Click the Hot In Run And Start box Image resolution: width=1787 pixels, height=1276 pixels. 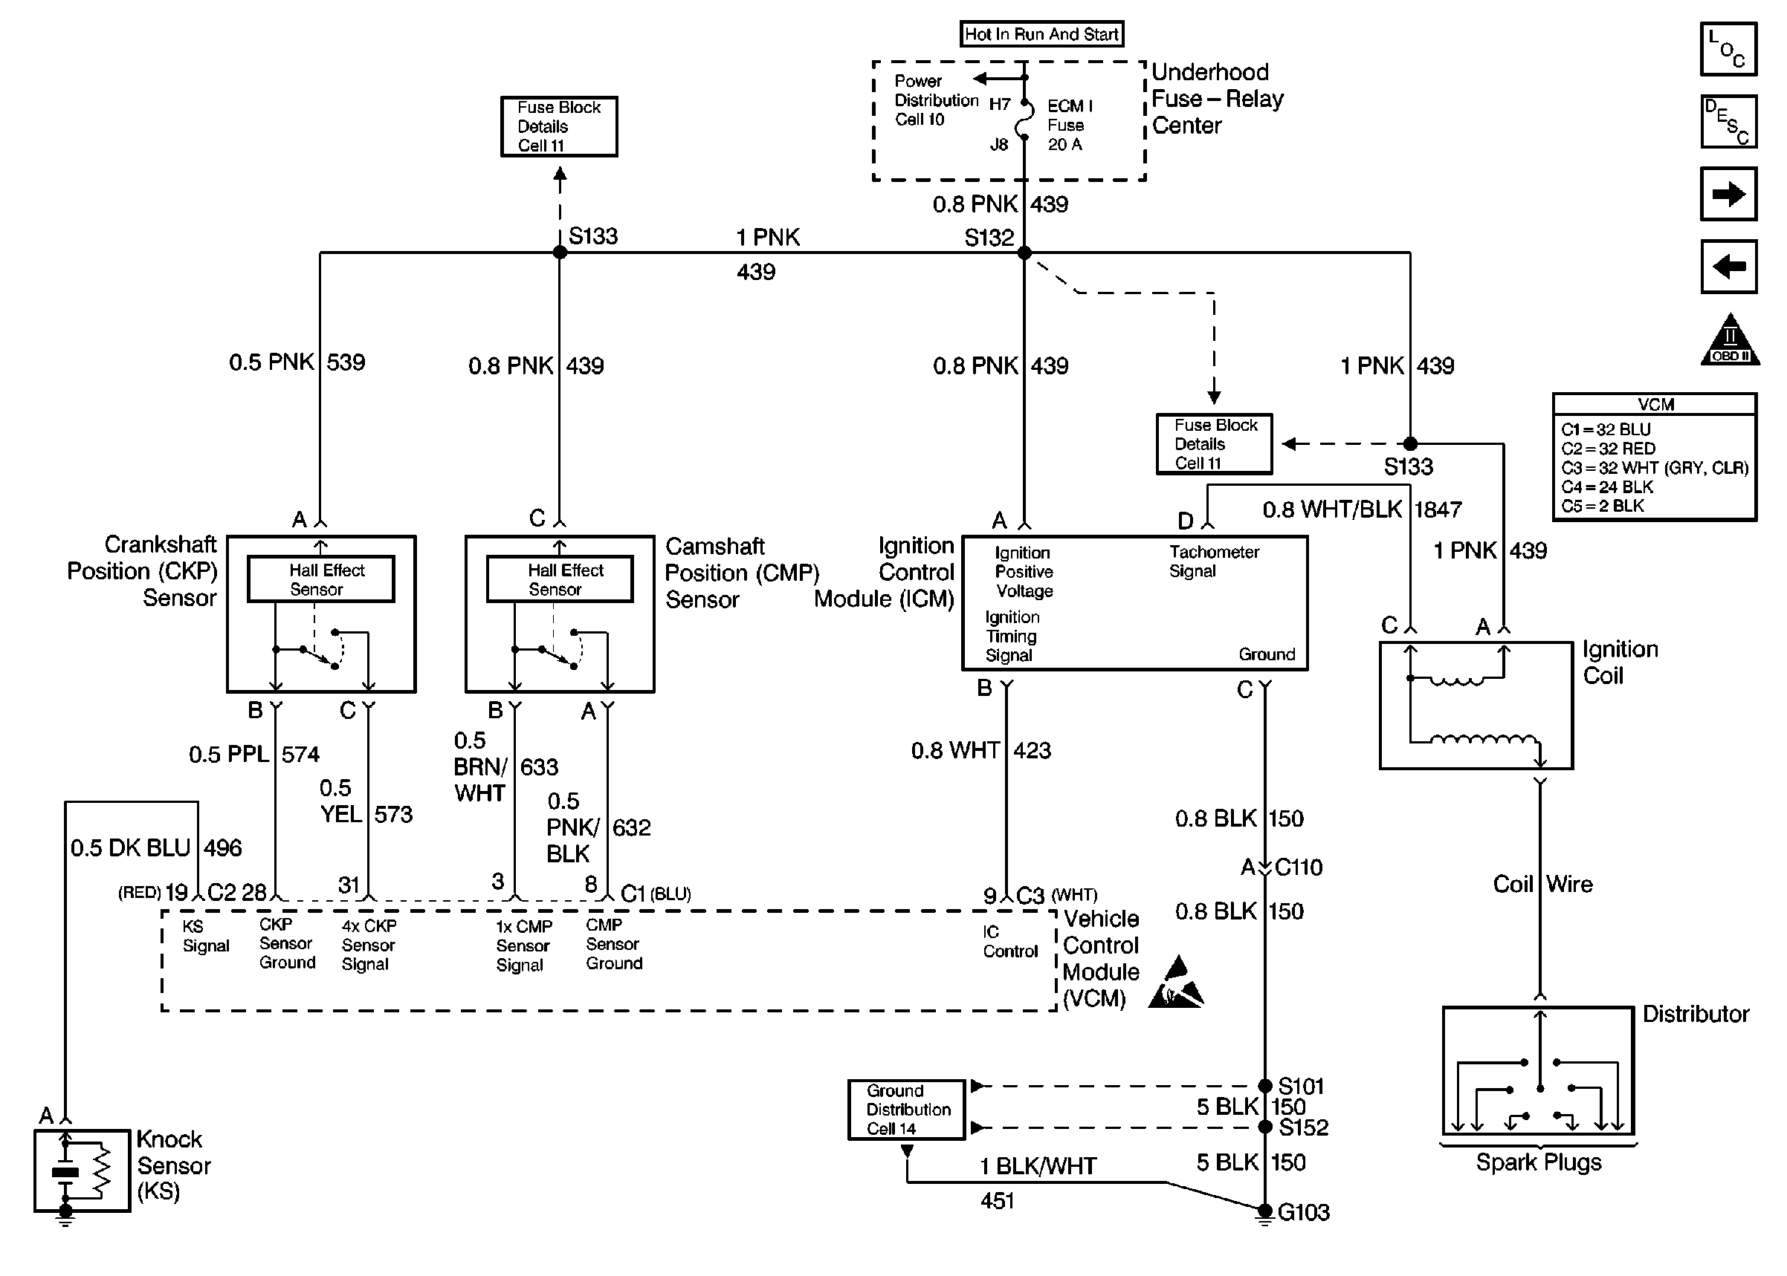coord(1041,33)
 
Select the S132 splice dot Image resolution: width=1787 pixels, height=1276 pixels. coord(1024,253)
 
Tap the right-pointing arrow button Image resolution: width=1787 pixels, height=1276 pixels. coord(1728,194)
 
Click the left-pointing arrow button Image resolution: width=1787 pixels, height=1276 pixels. coord(1728,267)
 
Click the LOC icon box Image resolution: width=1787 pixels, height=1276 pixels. coord(1728,50)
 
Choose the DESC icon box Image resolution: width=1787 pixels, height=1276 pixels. coord(1728,122)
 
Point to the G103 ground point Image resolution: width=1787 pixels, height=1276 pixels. coord(1264,1211)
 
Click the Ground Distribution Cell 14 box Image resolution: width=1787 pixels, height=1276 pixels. coord(906,1110)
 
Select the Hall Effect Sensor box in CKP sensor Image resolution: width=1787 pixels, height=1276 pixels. coord(321,580)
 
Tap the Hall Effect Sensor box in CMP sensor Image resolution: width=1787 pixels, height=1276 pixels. coord(560,580)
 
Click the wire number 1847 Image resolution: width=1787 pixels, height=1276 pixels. coord(1437,510)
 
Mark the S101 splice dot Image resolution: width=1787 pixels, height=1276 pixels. coord(1265,1086)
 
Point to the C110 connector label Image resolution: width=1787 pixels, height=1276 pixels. coord(1298,868)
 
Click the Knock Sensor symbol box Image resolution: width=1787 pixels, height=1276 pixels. coord(82,1171)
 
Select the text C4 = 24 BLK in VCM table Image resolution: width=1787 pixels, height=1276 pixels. coord(1607,487)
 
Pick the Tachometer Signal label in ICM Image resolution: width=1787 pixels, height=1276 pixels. coord(1213,561)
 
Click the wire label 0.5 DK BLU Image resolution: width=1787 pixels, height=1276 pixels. coord(131,847)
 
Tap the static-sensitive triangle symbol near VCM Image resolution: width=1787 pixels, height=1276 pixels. coord(1176,985)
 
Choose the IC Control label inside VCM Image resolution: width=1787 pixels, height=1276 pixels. coord(1009,941)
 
